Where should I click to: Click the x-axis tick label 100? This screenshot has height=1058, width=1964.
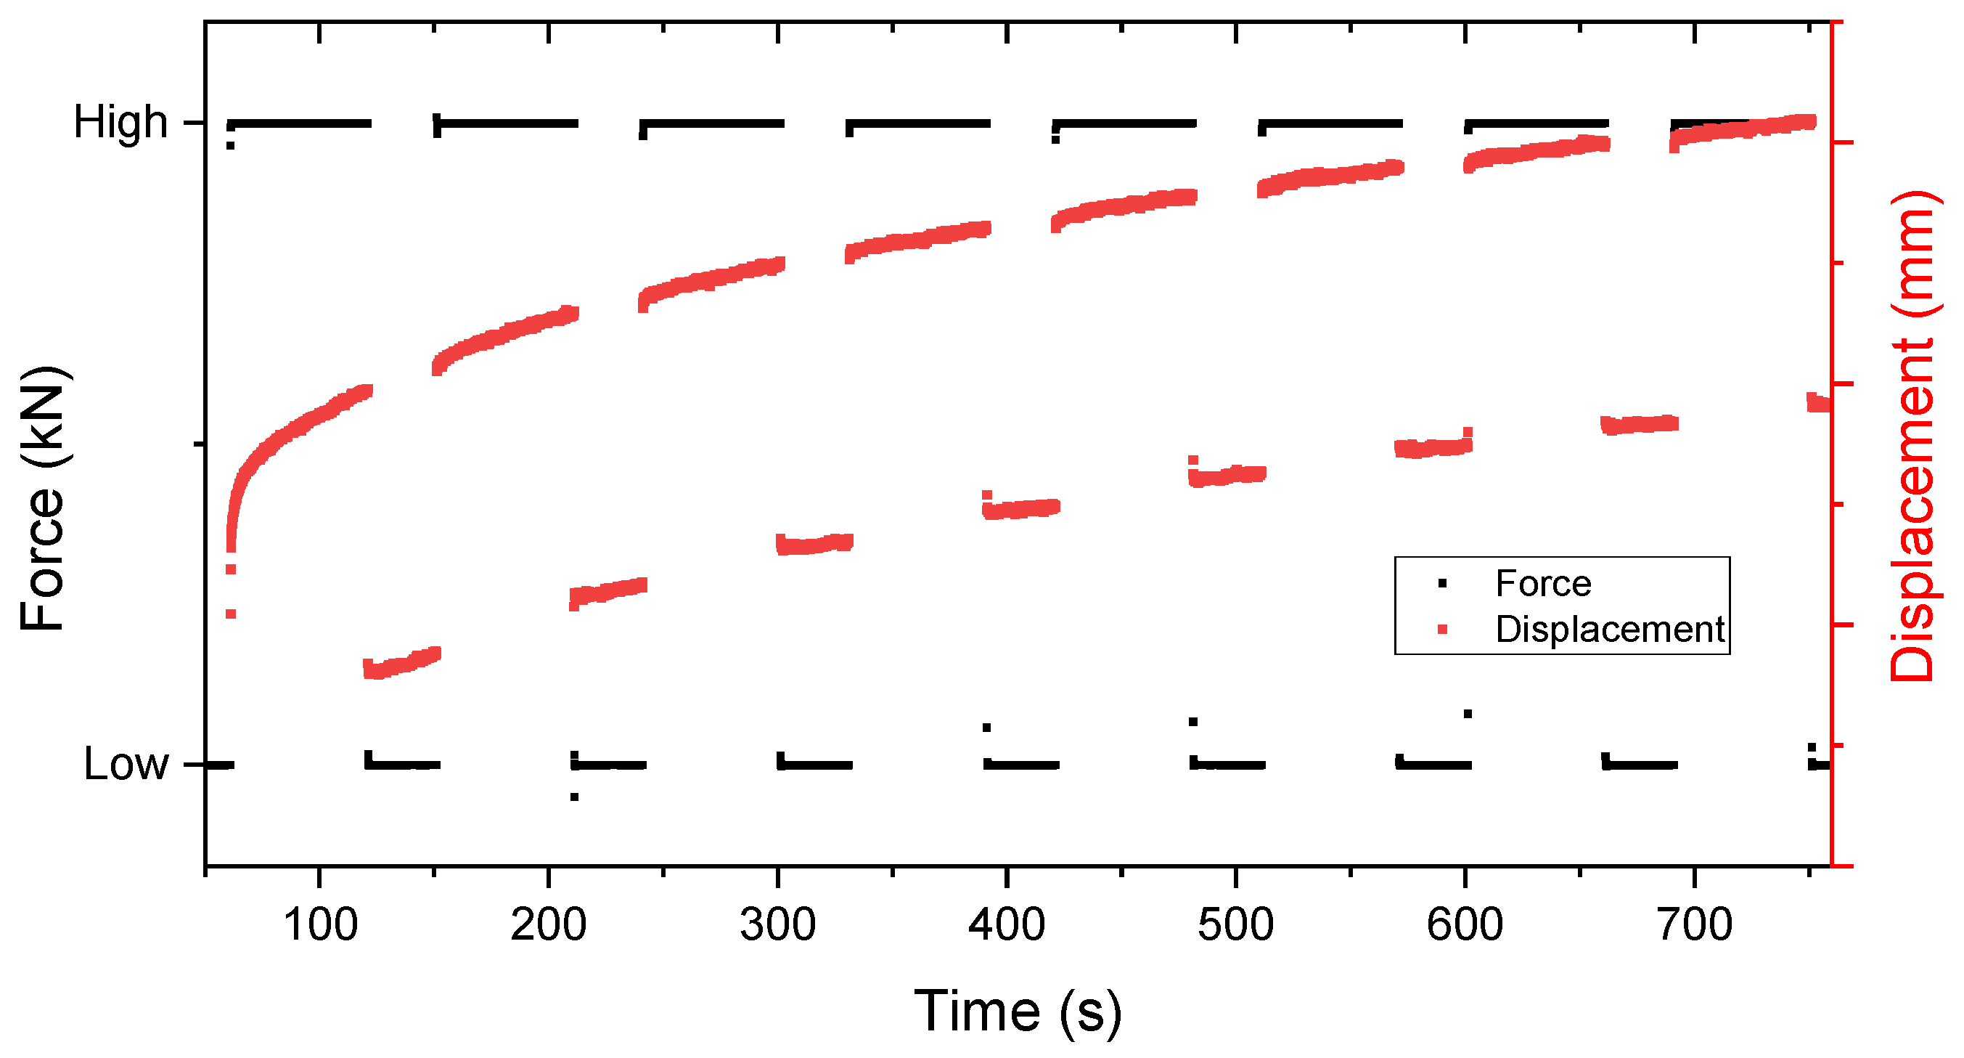[x=320, y=925]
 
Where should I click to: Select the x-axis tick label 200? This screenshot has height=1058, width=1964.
[x=549, y=925]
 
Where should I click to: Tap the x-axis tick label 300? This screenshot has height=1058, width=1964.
[x=777, y=925]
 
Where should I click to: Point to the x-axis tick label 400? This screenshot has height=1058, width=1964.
[x=1007, y=925]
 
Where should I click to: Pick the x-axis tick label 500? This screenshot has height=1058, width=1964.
[x=1236, y=925]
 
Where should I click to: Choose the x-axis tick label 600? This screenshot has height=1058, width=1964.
[x=1465, y=925]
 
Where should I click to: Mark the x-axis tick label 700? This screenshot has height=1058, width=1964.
[x=1694, y=925]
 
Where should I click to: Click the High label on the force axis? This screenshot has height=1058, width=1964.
[x=120, y=122]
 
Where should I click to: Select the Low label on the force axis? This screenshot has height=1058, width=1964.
[x=126, y=764]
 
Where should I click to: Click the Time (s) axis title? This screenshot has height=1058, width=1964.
[x=1018, y=1012]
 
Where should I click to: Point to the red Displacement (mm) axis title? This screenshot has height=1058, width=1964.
[x=1912, y=436]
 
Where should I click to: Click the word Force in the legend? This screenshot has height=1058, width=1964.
[x=1543, y=585]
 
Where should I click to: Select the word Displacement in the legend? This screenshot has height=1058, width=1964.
[x=1611, y=630]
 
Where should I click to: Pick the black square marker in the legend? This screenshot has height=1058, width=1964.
[x=1441, y=585]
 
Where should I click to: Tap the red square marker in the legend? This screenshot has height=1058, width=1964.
[x=1441, y=630]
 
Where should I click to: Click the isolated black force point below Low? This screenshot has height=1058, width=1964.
[x=574, y=797]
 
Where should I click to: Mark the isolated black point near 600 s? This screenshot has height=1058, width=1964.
[x=1468, y=714]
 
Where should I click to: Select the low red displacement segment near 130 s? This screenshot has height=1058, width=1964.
[x=402, y=663]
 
